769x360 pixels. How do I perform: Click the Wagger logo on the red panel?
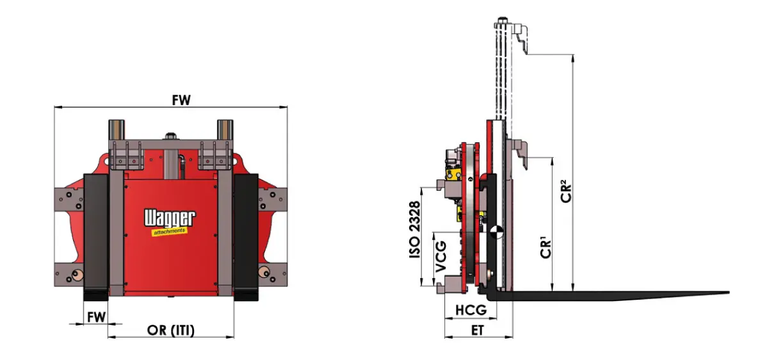170,218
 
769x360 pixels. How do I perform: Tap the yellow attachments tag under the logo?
169,231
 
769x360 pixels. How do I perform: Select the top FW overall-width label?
181,100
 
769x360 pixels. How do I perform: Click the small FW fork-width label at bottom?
96,317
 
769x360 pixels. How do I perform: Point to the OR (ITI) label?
170,330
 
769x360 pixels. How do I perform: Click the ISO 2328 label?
414,229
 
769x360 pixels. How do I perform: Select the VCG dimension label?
441,257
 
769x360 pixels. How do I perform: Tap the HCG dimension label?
471,310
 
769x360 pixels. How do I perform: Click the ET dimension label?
477,330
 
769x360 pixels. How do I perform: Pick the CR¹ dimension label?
545,247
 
